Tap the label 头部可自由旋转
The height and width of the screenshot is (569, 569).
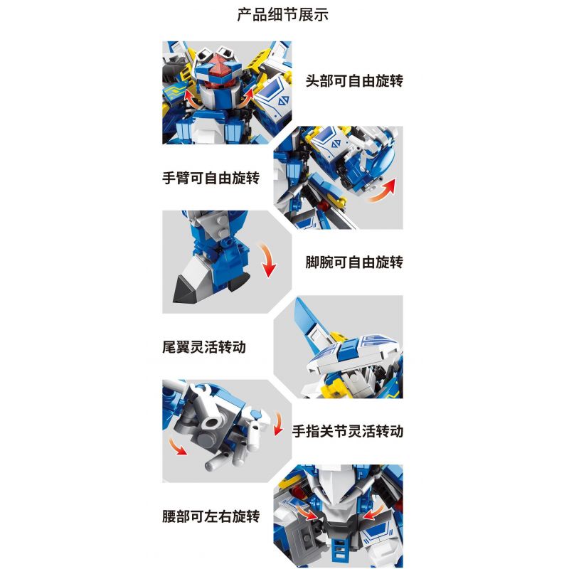pyautogui.click(x=354, y=81)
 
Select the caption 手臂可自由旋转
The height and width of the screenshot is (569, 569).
pyautogui.click(x=211, y=179)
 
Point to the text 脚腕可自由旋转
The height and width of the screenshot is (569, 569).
pyautogui.click(x=354, y=262)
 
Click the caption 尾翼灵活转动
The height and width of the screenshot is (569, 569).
pyautogui.click(x=209, y=349)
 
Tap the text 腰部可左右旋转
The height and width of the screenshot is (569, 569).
pyautogui.click(x=211, y=516)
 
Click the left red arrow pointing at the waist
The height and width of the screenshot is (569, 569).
pyautogui.click(x=308, y=512)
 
